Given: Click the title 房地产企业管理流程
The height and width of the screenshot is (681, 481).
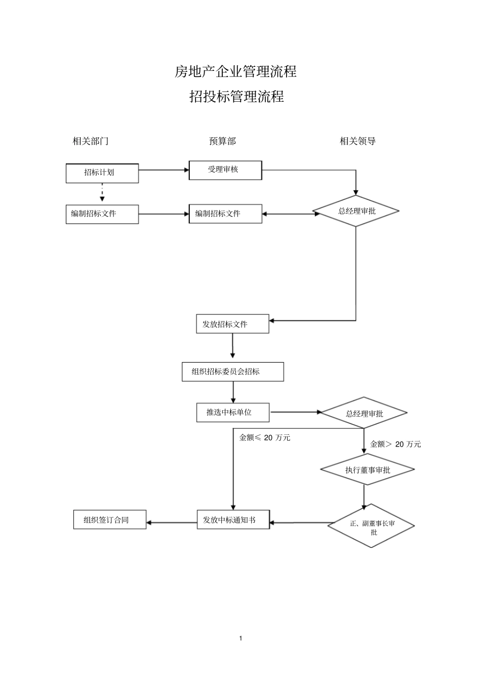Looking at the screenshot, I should click(x=235, y=72).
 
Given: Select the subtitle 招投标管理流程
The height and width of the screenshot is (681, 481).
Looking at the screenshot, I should click(x=236, y=96).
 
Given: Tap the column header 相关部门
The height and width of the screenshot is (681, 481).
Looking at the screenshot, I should click(x=91, y=141).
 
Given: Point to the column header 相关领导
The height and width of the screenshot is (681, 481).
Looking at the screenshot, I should click(x=357, y=141).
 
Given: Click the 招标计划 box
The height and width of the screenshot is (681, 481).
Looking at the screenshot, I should click(x=102, y=173).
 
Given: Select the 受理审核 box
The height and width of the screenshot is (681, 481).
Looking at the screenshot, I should click(x=225, y=170).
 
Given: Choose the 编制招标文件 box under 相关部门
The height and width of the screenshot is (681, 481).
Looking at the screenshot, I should click(x=102, y=214).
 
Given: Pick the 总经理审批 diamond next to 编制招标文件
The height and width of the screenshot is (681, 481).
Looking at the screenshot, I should click(x=356, y=211).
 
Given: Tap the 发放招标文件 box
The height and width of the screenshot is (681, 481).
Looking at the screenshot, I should click(x=232, y=324).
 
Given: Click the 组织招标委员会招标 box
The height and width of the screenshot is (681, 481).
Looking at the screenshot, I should click(x=233, y=372).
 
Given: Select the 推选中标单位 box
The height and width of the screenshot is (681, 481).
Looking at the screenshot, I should click(x=233, y=412).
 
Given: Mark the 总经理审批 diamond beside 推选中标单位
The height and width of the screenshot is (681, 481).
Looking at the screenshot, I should click(x=364, y=413).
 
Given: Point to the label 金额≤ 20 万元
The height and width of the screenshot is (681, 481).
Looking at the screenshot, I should click(x=264, y=438).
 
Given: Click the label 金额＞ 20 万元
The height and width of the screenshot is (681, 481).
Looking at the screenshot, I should click(x=395, y=444).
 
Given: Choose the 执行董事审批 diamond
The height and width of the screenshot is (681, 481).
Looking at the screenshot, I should click(x=368, y=470).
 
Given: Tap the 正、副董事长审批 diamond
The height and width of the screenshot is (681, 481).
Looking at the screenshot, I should click(x=372, y=526).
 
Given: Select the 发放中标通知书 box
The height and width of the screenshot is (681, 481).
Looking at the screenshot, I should click(x=233, y=520).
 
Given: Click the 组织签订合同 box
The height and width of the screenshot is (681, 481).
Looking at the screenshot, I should click(x=109, y=520).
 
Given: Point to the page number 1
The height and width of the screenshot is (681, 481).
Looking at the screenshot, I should click(x=240, y=638).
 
